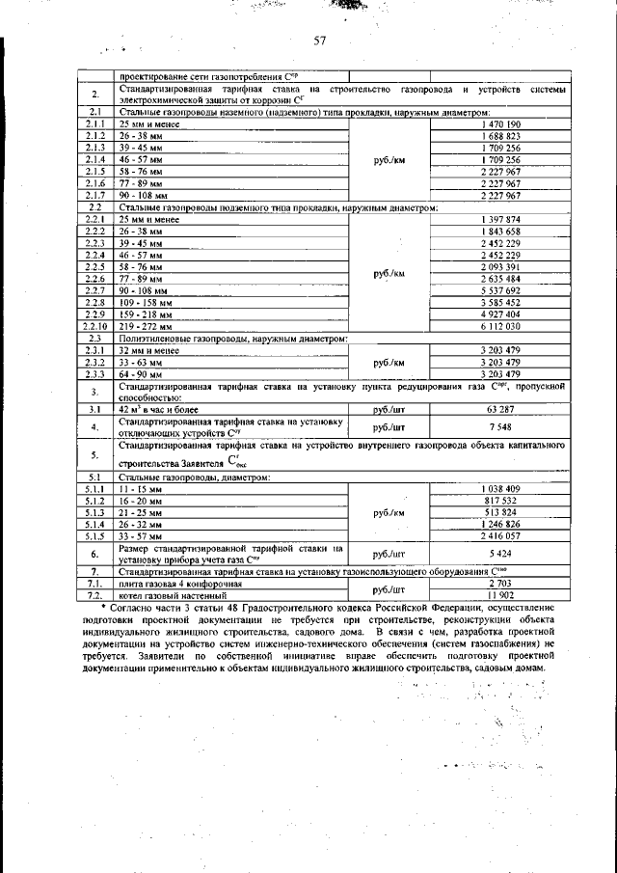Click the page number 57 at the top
click(321, 41)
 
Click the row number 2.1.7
click(95, 195)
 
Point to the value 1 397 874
click(499, 220)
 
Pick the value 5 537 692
click(499, 290)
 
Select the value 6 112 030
click(499, 326)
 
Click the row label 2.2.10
click(95, 326)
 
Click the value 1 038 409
click(499, 489)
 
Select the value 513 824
click(499, 512)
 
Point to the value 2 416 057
click(499, 535)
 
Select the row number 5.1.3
click(95, 512)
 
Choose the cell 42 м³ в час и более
click(158, 409)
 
